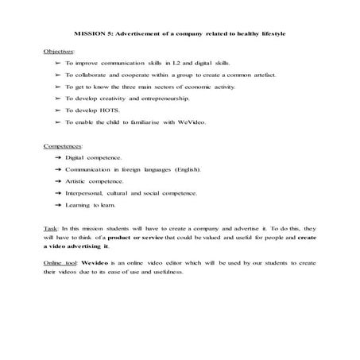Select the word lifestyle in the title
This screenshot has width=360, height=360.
[x=269, y=34]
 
